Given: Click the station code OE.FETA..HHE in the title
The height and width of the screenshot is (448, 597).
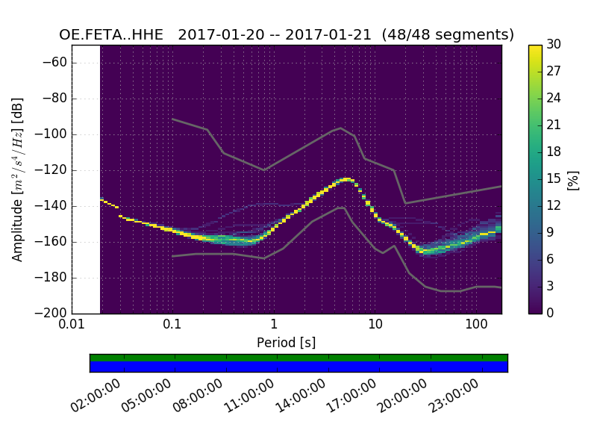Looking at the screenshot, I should (114, 35).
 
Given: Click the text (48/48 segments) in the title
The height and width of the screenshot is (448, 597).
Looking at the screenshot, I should (448, 35).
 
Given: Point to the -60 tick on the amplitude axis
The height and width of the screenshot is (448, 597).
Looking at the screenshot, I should (57, 63).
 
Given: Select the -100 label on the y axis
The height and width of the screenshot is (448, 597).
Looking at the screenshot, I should (54, 134).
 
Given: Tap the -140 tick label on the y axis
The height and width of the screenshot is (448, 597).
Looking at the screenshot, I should (54, 206).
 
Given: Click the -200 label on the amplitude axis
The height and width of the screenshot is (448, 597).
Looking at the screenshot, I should (54, 313).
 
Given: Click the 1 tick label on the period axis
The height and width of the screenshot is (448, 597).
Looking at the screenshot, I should (274, 325).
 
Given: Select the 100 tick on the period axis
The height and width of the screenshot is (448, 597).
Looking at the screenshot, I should (476, 325).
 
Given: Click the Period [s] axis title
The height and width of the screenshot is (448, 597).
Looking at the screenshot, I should (286, 342).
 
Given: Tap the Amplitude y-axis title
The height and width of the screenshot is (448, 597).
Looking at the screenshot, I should (18, 179).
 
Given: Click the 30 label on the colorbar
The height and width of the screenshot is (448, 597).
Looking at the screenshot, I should (554, 45).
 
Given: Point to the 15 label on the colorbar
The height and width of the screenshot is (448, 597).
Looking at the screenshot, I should (554, 179).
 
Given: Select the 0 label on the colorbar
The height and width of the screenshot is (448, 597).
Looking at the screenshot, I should (551, 313).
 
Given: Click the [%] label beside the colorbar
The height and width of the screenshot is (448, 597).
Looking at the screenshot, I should (573, 179).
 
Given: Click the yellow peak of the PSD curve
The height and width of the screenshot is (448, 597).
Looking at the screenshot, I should (346, 179).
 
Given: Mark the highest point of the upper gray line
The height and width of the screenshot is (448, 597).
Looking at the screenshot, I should (341, 128).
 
